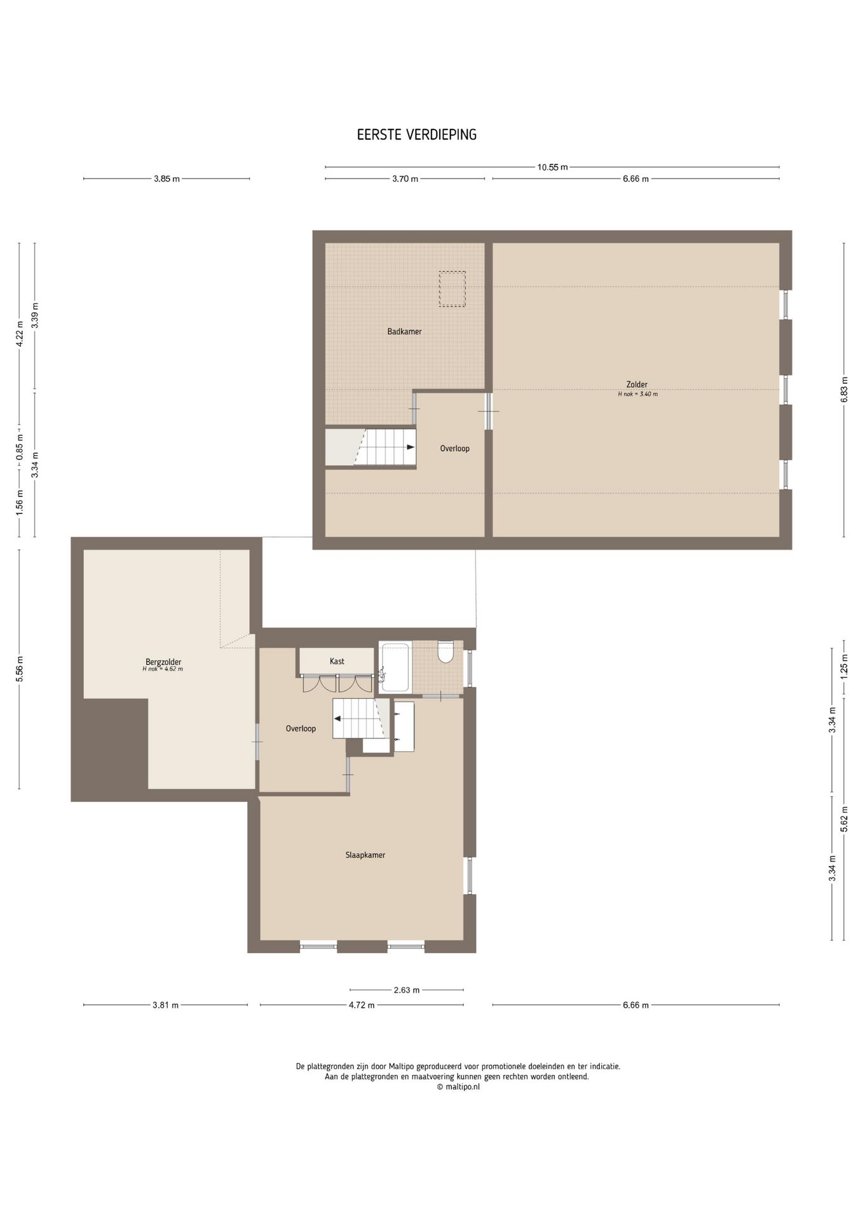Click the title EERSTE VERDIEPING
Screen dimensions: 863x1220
coord(416,135)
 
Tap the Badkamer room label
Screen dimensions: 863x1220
coord(404,331)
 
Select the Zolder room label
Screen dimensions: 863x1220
coord(637,384)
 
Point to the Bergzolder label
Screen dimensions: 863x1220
coord(163,662)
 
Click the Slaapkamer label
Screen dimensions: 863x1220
coord(365,855)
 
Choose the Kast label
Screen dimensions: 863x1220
coord(337,661)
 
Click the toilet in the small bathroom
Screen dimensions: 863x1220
coord(445,653)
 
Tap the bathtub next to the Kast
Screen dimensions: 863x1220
coord(395,667)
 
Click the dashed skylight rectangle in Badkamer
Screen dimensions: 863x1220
coord(452,289)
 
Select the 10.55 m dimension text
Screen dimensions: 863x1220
coord(552,167)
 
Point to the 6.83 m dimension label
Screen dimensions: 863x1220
coord(844,389)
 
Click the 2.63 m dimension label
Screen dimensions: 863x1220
coord(407,989)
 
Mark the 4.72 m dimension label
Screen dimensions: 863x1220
coord(362,1005)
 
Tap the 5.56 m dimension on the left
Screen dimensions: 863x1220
coord(19,669)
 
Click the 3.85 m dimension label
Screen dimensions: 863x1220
coord(166,179)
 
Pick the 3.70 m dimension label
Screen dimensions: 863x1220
coord(405,179)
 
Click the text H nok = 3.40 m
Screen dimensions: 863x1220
coord(637,394)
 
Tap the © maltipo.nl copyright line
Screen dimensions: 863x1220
coord(458,1086)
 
